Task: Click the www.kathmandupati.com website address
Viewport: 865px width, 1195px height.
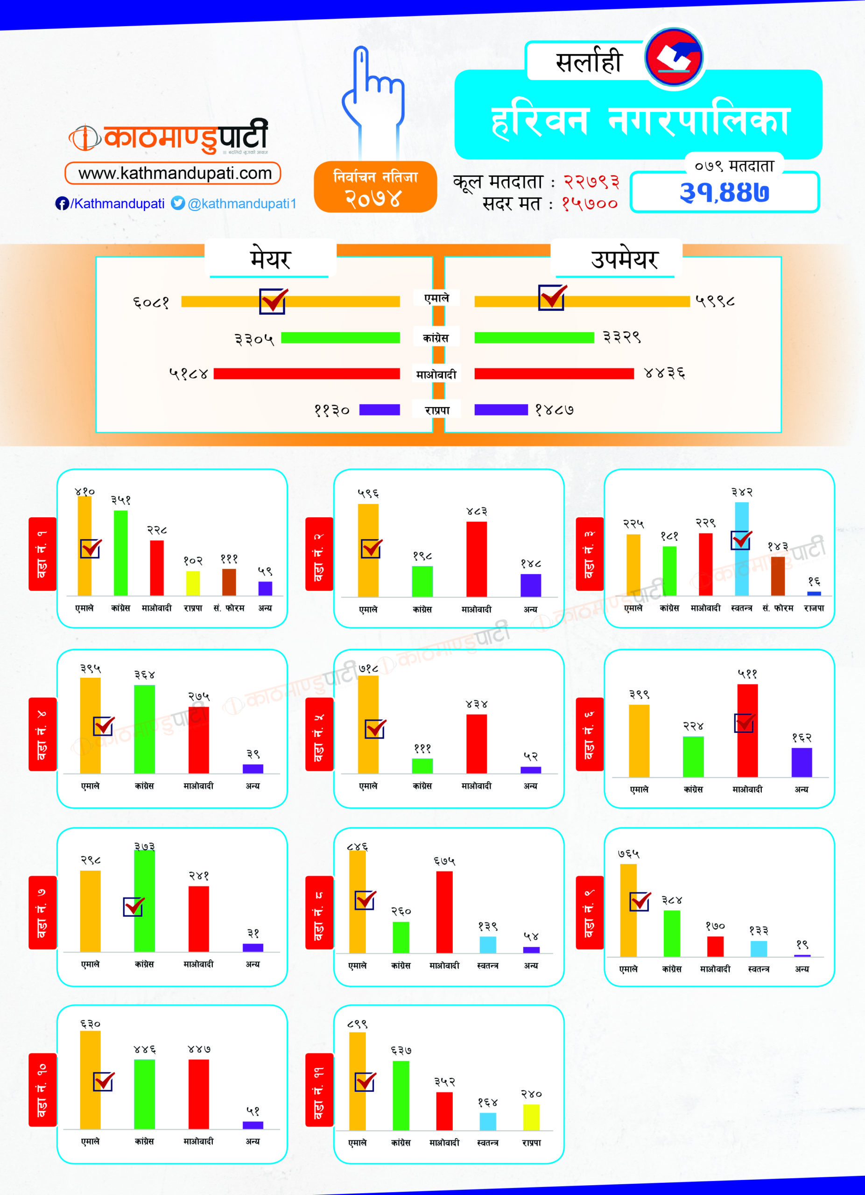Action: point(175,173)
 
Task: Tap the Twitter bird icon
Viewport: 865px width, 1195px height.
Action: point(178,203)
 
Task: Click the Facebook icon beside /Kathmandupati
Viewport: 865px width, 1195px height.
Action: point(62,204)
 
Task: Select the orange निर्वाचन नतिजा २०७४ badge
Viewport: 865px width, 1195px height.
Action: point(375,187)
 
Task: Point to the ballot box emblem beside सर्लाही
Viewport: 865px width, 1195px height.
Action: point(674,57)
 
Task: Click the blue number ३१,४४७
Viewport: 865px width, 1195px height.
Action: point(724,192)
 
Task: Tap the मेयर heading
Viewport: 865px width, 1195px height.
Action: point(270,259)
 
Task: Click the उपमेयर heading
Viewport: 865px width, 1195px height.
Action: point(624,259)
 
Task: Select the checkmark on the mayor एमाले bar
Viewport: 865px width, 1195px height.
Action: point(273,301)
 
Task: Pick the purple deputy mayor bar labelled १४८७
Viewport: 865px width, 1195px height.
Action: point(501,410)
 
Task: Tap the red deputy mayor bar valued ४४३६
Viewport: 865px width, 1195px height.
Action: point(554,373)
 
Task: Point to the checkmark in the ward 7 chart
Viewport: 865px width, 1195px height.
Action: point(134,906)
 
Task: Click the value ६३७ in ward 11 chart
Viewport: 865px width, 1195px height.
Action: point(401,1051)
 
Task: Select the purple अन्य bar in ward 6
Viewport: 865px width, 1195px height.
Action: point(801,762)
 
